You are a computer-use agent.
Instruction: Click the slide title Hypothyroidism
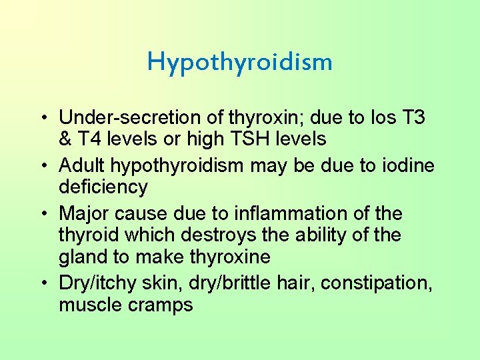point(239,62)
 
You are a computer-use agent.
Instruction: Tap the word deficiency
point(103,187)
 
